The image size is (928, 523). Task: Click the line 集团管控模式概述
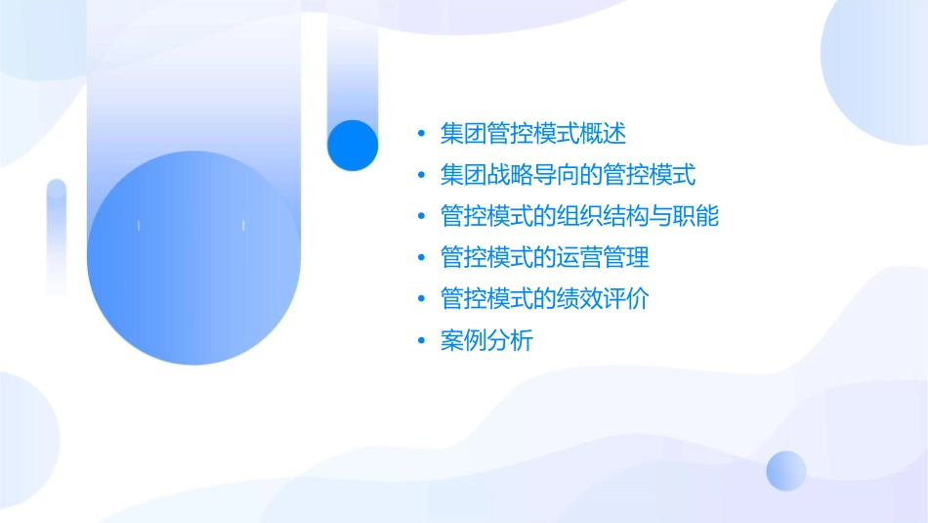tap(532, 133)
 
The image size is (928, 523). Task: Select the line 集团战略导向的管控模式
tap(568, 175)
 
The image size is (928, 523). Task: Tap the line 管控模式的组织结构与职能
tap(579, 216)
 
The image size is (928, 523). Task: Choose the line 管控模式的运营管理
tap(544, 258)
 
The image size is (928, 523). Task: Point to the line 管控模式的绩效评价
tap(544, 299)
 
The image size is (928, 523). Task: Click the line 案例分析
tap(486, 341)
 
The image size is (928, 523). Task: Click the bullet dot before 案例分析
tap(421, 342)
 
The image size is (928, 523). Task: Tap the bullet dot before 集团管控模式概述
tap(421, 134)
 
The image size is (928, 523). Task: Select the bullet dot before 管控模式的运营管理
tap(421, 259)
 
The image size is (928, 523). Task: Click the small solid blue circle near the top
tap(353, 145)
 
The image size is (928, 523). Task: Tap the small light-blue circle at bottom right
tap(786, 470)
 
